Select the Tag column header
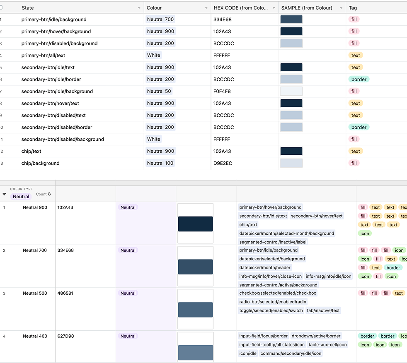pos(353,8)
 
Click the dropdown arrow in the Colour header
pos(206,8)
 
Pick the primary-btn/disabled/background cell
pos(59,43)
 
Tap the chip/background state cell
pos(40,163)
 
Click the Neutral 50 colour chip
pos(159,91)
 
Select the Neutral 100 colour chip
pos(160,163)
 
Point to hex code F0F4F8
pos(222,91)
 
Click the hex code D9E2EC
pos(223,163)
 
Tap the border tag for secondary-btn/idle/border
pos(359,79)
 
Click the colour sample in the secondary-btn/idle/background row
pos(291,91)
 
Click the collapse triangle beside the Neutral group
pos(5,194)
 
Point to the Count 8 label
pos(43,194)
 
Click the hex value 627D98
pos(65,336)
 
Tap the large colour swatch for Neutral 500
pos(195,310)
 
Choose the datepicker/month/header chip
pos(265,268)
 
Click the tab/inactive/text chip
pos(323,310)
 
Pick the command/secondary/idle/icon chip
pos(291,353)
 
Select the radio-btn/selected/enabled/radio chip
pos(273,302)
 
